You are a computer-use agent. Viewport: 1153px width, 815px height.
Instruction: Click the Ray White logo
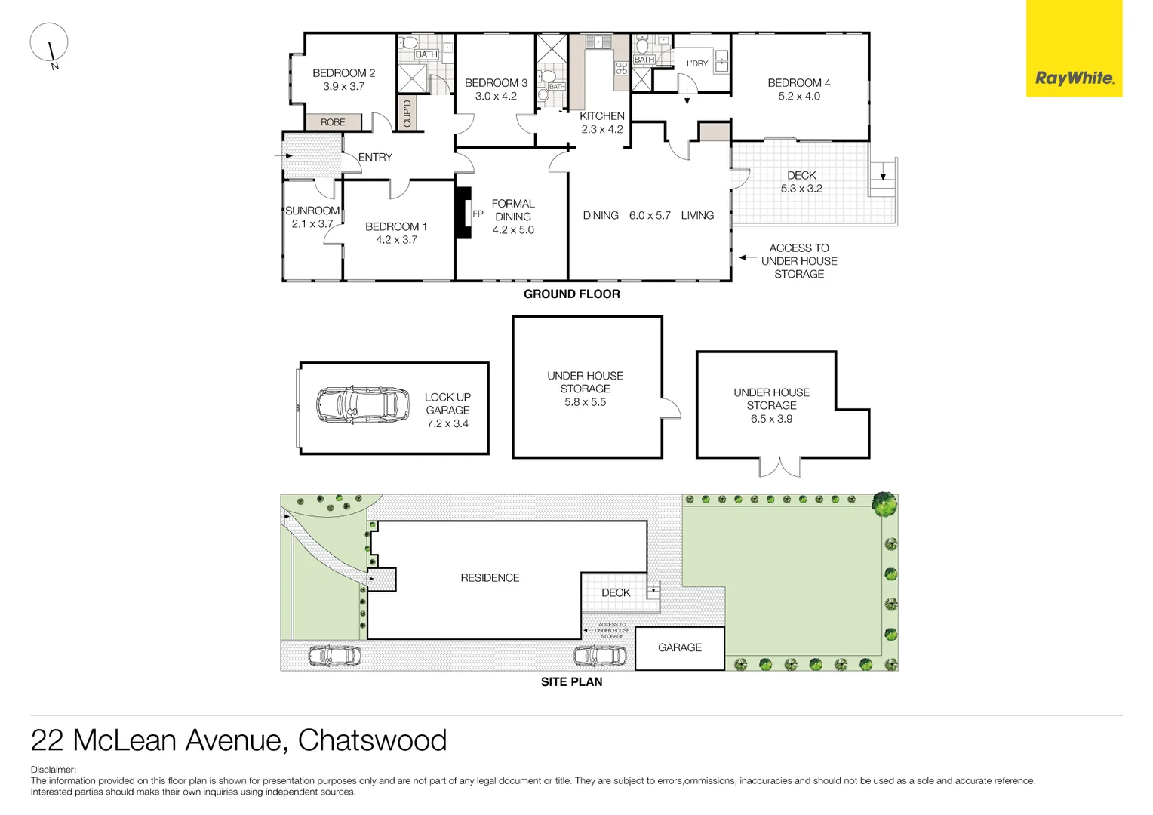[1074, 78]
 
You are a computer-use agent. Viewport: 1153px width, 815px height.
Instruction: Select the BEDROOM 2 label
[343, 73]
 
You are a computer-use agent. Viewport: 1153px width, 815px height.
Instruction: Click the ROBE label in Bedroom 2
[333, 122]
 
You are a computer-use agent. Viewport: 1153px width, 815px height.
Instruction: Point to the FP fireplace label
[478, 214]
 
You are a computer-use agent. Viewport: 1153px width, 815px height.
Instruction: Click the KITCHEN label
[601, 116]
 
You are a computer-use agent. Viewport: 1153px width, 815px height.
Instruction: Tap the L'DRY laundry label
[696, 63]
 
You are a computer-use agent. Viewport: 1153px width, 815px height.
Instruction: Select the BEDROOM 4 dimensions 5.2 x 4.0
[798, 97]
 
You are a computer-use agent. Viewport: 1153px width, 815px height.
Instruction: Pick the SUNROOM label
[312, 211]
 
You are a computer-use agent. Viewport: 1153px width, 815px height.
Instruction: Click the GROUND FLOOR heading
[571, 294]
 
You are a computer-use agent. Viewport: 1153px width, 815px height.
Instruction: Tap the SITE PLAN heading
[571, 682]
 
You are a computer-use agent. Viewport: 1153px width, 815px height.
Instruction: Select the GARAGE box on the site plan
[679, 647]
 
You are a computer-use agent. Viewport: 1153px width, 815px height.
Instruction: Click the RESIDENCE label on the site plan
[490, 578]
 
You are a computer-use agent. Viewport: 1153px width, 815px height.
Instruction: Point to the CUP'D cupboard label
[407, 113]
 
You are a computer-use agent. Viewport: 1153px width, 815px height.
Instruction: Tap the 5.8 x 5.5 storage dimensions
[585, 402]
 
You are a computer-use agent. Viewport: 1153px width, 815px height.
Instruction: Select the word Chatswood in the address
[372, 740]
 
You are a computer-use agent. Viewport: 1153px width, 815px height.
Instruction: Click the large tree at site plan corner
[884, 503]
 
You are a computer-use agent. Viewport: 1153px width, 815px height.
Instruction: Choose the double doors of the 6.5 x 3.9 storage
[779, 467]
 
